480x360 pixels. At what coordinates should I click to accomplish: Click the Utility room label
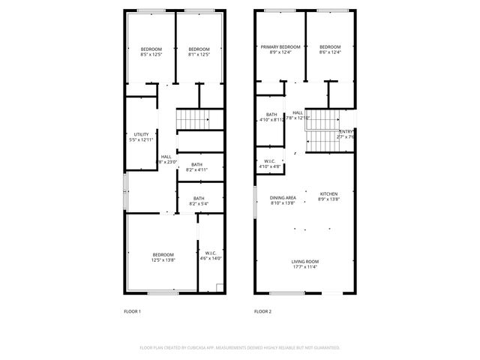coord(141,134)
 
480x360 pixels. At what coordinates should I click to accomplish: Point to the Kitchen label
coord(329,193)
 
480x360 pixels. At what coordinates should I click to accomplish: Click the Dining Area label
coord(283,197)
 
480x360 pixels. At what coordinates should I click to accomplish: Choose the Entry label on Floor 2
coord(346,131)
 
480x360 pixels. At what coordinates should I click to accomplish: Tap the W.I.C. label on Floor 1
coord(211,253)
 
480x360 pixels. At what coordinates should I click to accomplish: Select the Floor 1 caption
coord(132,310)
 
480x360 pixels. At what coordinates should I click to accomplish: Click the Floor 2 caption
coord(262,310)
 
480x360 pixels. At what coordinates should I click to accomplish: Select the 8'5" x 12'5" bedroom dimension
coord(151,54)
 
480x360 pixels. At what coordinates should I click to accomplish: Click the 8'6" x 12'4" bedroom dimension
coord(330,52)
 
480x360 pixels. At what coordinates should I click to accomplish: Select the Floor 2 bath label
coord(271,115)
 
